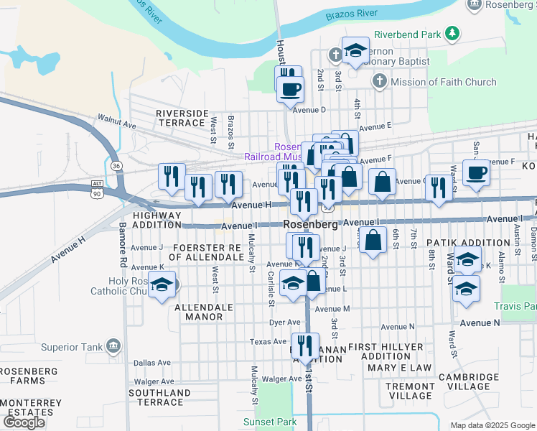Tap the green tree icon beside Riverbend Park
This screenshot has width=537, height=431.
click(452, 33)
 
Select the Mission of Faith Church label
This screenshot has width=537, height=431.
click(444, 82)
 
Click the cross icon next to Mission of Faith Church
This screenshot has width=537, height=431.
click(380, 82)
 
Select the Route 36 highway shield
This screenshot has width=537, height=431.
click(116, 166)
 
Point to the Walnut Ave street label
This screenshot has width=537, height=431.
click(117, 124)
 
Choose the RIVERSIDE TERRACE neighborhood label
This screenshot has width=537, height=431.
click(182, 118)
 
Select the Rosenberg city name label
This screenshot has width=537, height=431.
click(311, 224)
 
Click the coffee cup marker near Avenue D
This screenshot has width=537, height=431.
click(290, 89)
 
